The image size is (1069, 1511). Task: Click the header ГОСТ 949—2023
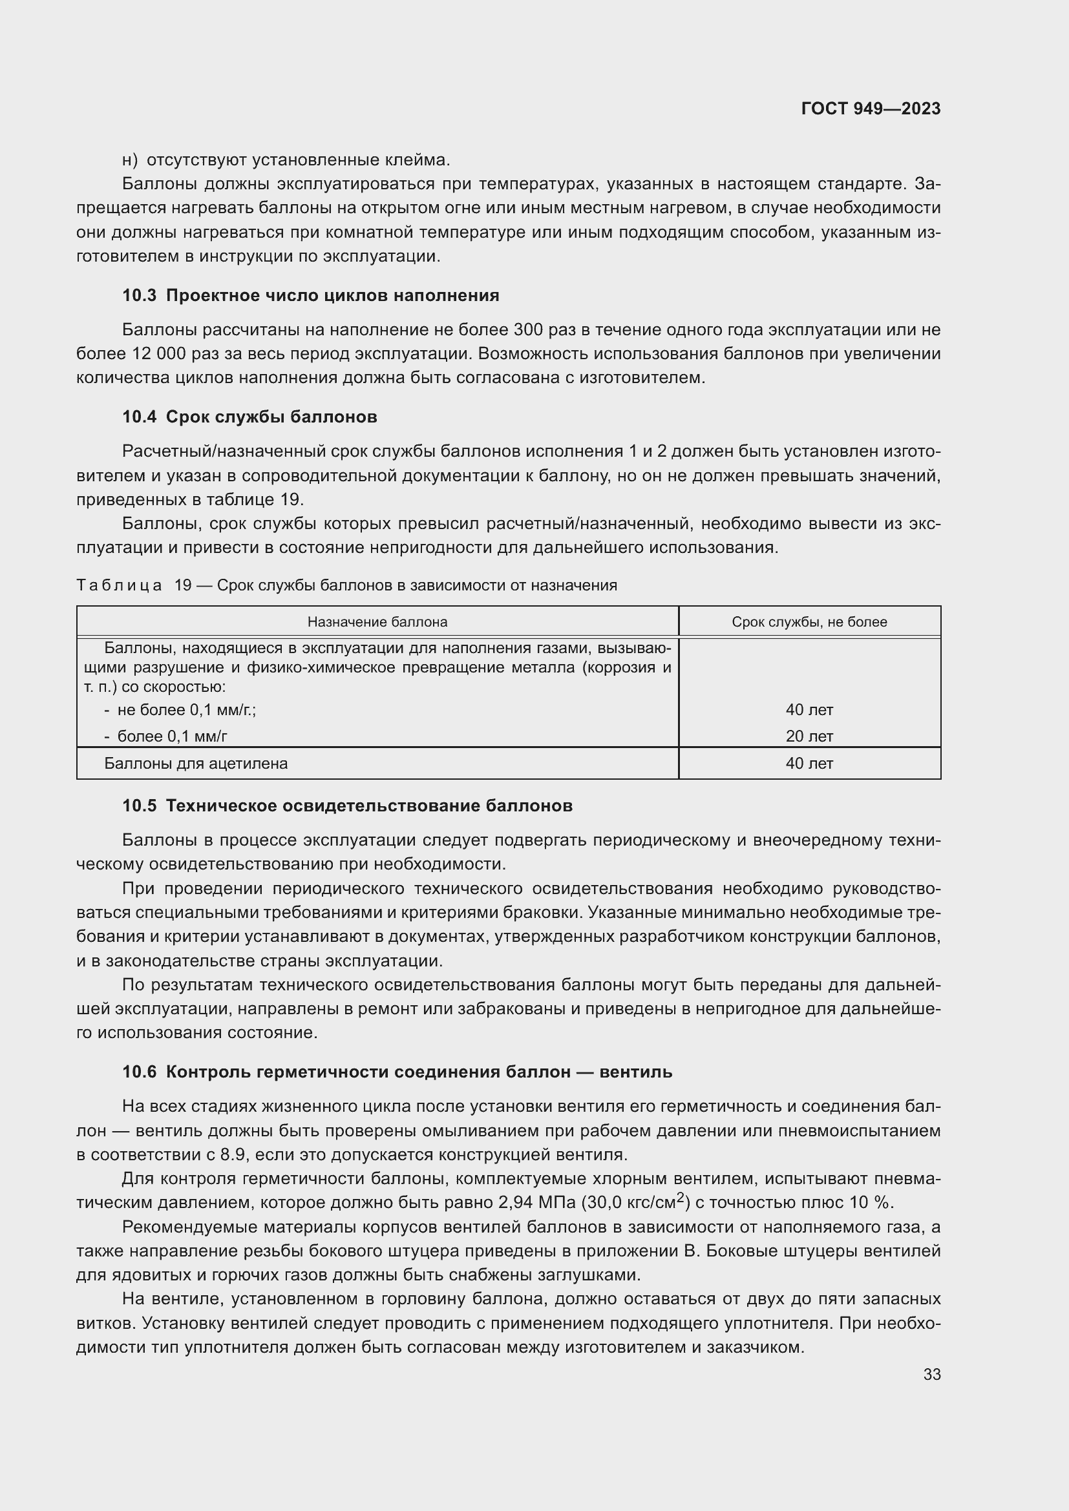pyautogui.click(x=870, y=109)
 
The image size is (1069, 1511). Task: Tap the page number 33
pyautogui.click(x=931, y=1374)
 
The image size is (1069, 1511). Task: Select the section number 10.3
pyautogui.click(x=139, y=295)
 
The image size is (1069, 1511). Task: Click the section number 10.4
pyautogui.click(x=139, y=417)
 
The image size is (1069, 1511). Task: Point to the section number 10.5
pyautogui.click(x=139, y=806)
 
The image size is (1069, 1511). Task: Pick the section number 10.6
pyautogui.click(x=139, y=1072)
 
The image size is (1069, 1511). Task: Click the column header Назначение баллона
pyautogui.click(x=377, y=622)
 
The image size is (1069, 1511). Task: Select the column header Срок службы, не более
pyautogui.click(x=809, y=622)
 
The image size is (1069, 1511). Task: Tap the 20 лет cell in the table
pyautogui.click(x=809, y=736)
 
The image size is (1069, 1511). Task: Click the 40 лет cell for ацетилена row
pyautogui.click(x=809, y=764)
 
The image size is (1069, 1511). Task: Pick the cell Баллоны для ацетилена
pyautogui.click(x=196, y=764)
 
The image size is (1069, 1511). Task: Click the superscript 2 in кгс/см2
pyautogui.click(x=681, y=1197)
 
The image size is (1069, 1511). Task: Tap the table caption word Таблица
pyautogui.click(x=119, y=585)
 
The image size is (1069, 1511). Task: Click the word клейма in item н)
pyautogui.click(x=416, y=160)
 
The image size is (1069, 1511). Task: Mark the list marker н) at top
pyautogui.click(x=130, y=160)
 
